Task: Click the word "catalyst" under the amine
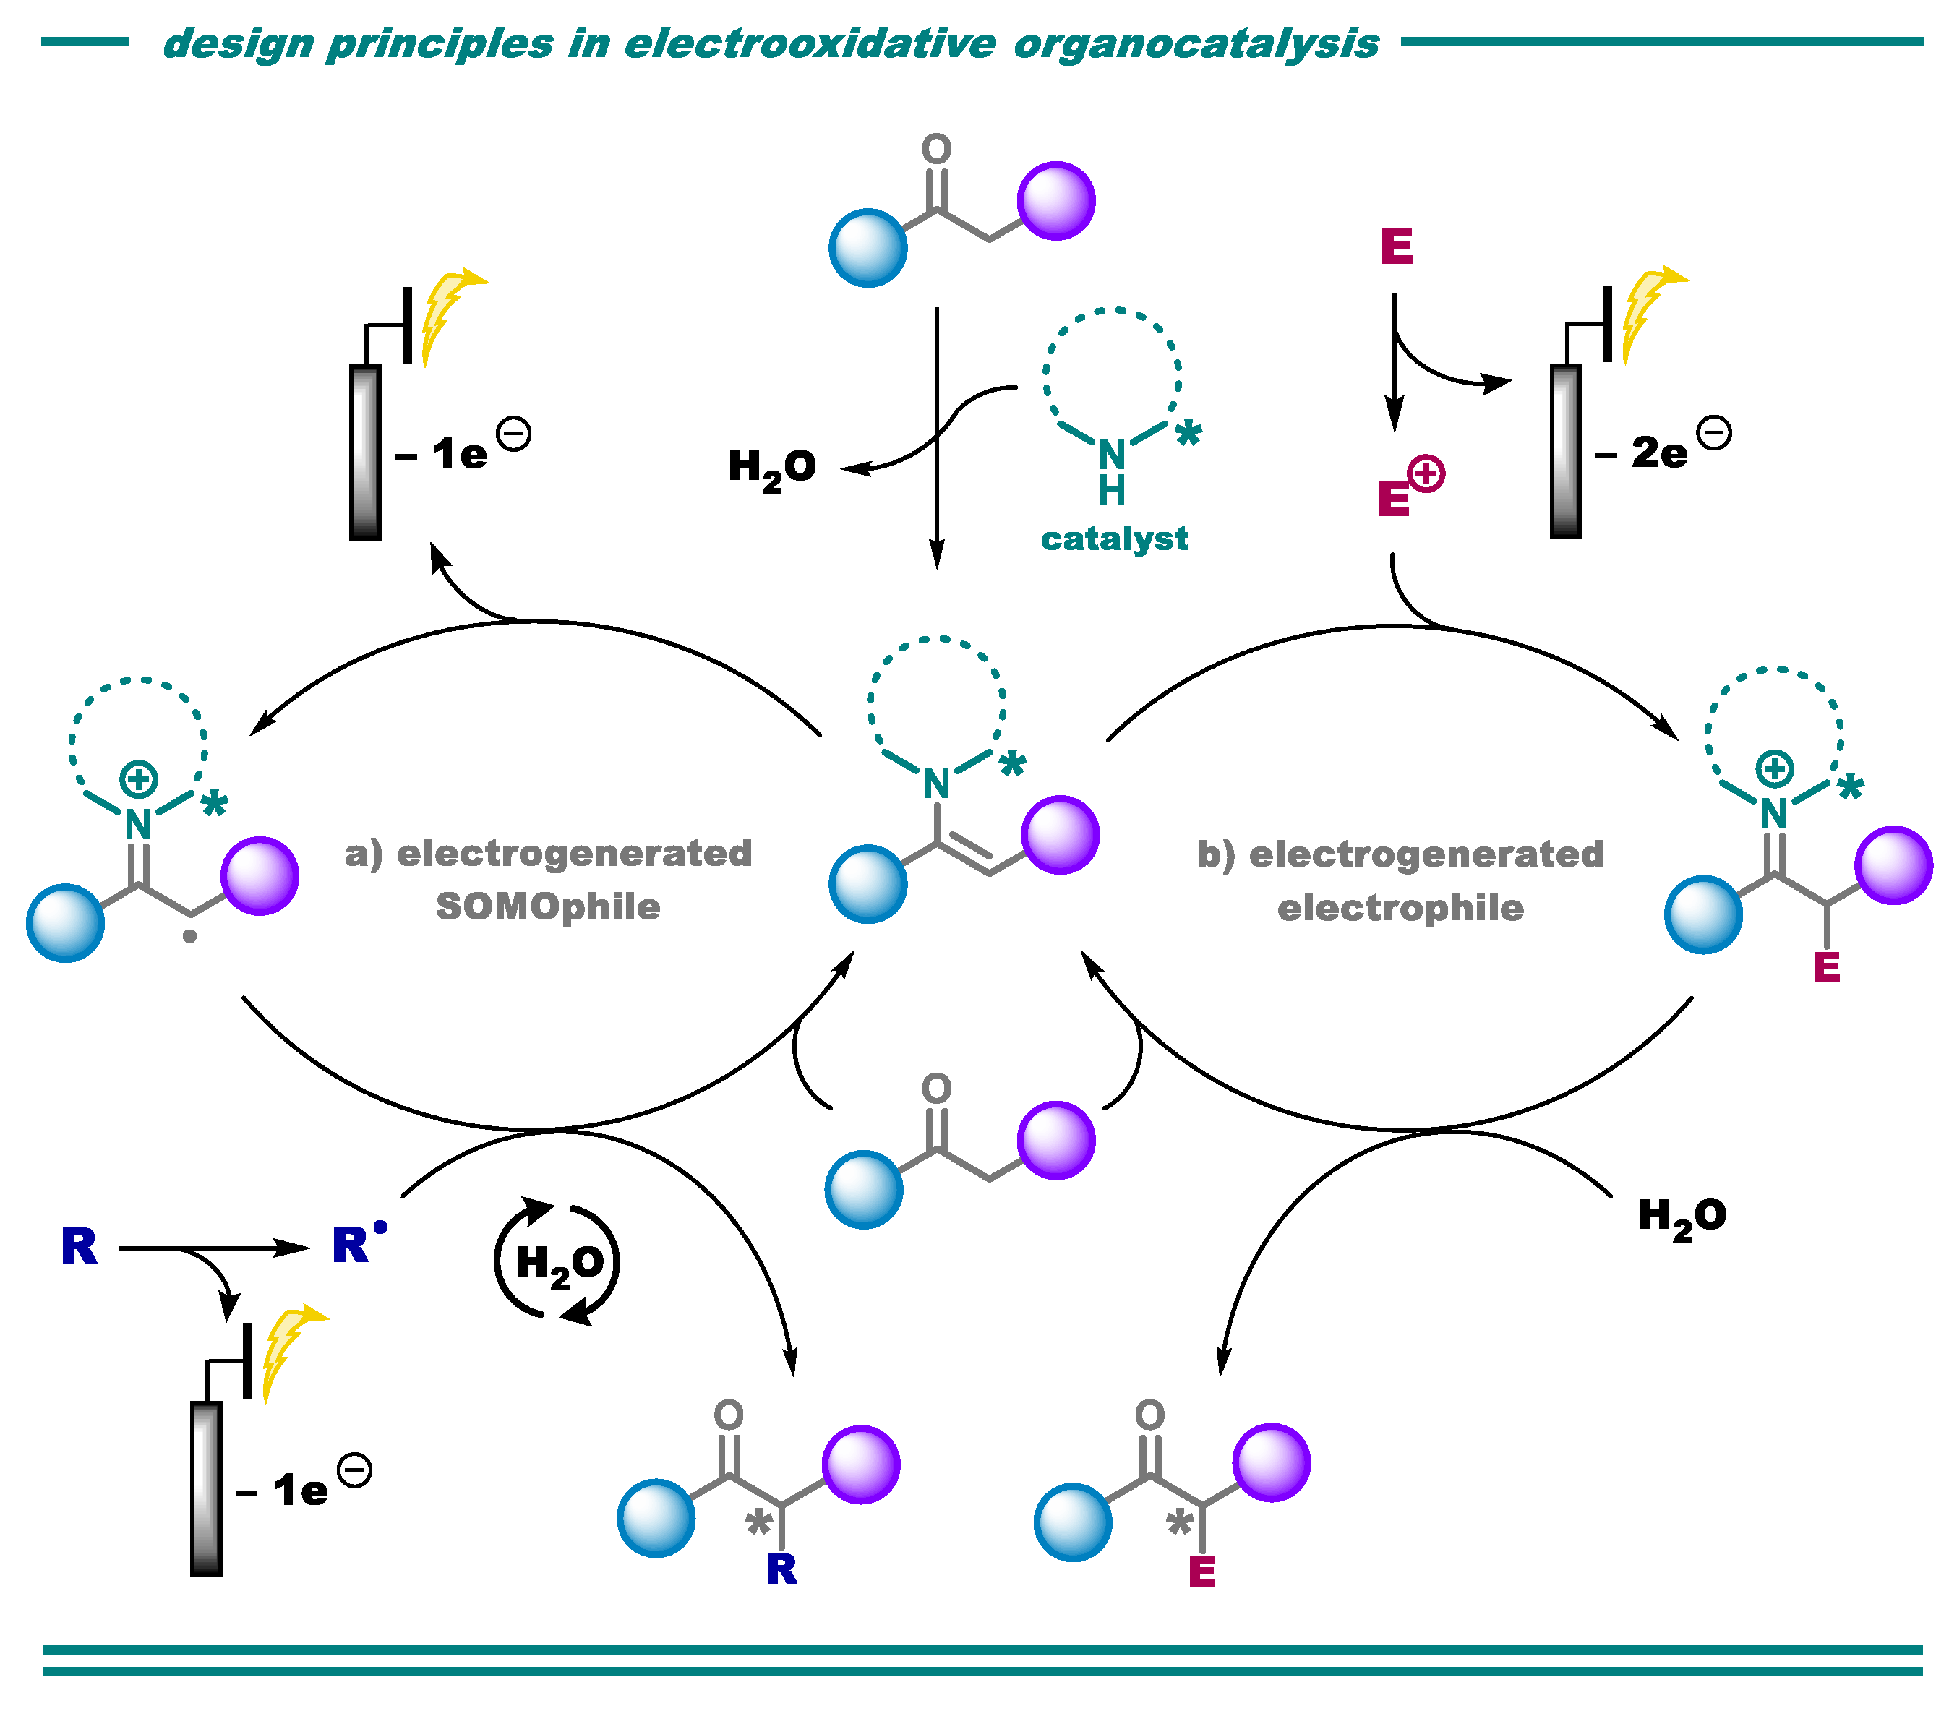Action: [1114, 539]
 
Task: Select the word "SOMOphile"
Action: [547, 906]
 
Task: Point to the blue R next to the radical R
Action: [79, 1247]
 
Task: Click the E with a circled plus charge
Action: [1396, 497]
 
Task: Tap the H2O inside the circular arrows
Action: [559, 1265]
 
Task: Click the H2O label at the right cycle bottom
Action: [1681, 1217]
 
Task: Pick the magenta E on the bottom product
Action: [1201, 1571]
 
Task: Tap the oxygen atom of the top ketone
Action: [936, 149]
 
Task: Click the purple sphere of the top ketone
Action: [1055, 201]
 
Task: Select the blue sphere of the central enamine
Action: [868, 883]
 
